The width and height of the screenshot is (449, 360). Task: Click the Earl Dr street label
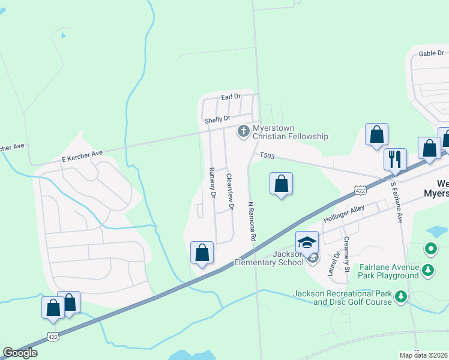coord(231,96)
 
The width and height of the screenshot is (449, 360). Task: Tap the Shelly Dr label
coord(217,120)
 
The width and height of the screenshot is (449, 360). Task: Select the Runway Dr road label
coord(212,182)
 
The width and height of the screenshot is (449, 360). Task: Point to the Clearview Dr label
coord(229,191)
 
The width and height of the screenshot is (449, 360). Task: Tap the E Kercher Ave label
coord(82,156)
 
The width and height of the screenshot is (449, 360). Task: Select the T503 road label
coord(267,156)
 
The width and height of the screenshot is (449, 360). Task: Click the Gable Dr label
coord(431,53)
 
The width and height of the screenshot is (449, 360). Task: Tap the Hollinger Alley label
coord(344,213)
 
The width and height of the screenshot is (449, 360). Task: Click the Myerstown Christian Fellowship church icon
coord(243,130)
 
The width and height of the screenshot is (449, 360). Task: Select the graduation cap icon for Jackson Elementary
coord(307,242)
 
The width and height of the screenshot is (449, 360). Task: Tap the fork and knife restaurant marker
coord(394,159)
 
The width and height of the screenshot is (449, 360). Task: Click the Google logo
coord(20,353)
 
